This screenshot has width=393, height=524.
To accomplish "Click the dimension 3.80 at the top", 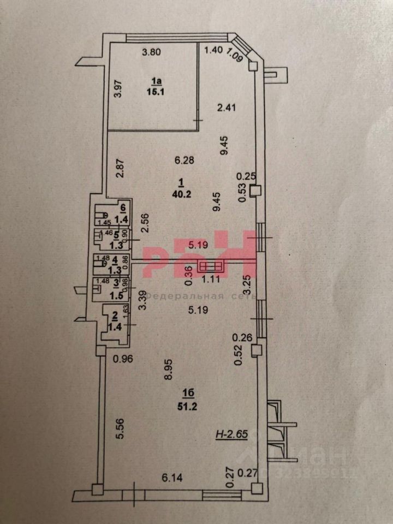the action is pos(152,53).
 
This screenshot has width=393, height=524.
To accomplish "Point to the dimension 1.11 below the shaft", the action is pos(211,278).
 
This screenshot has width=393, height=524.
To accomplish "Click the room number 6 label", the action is pos(123,207).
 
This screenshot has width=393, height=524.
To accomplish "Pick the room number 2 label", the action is pos(115,315).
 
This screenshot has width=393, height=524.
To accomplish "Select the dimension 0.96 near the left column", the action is pos(124,360).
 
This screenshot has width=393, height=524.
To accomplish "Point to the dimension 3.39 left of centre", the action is pos(142,301).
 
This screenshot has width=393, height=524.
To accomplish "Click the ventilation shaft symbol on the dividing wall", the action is pos(210,266).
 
